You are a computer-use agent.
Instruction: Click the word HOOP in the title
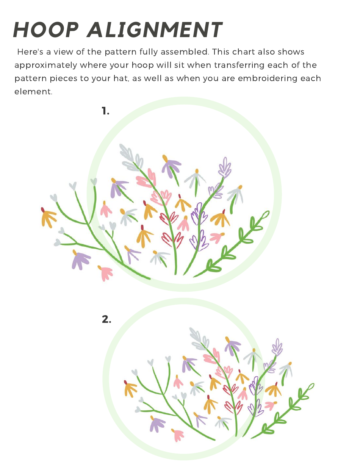[46, 30]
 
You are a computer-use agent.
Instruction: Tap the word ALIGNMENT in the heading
[155, 30]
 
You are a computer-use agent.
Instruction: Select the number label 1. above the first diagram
[105, 111]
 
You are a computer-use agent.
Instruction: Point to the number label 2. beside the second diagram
[106, 319]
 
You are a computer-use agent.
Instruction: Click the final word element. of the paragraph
[33, 92]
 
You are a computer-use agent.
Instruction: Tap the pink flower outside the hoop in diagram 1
[105, 272]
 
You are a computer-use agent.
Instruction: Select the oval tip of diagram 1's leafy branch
[266, 214]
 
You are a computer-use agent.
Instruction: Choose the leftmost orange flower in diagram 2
[130, 388]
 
